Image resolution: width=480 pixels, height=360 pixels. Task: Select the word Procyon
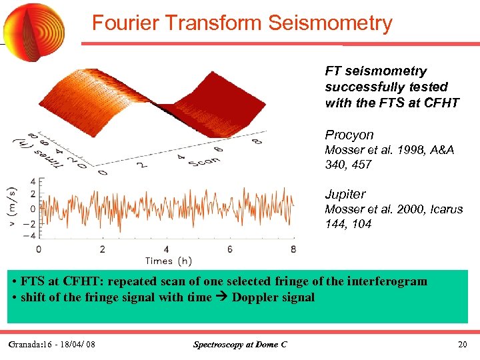[349, 135]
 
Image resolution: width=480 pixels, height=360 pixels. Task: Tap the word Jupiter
[345, 194]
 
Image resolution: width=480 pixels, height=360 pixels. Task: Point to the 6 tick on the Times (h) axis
[230, 249]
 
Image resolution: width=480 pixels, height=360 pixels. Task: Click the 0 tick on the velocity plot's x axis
[38, 249]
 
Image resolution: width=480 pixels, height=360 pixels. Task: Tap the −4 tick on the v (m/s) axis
[27, 235]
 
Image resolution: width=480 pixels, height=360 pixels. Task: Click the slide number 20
[463, 344]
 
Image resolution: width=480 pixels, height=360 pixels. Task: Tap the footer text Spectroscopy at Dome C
[239, 344]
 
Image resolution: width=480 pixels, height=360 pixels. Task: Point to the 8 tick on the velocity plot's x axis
[294, 249]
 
